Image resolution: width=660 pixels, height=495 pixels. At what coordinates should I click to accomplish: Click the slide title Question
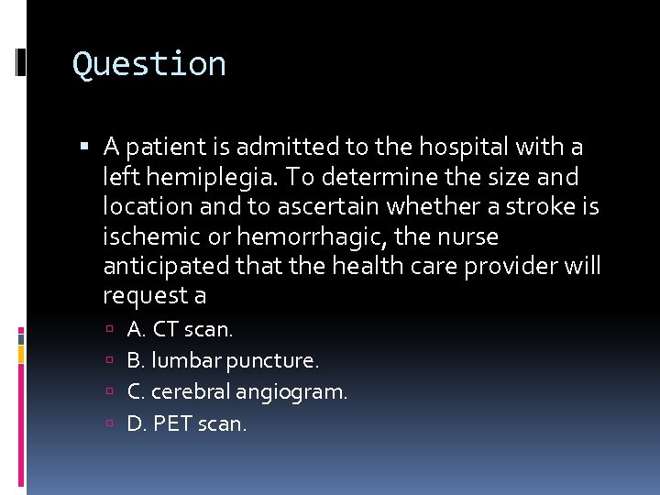click(x=149, y=64)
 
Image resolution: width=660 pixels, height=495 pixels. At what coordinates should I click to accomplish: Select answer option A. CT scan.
click(x=181, y=328)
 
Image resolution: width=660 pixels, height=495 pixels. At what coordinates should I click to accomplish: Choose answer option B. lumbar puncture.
click(x=223, y=360)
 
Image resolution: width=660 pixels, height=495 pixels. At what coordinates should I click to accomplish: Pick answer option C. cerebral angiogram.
click(x=237, y=392)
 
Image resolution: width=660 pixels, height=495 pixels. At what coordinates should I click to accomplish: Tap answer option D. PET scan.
click(x=187, y=424)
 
